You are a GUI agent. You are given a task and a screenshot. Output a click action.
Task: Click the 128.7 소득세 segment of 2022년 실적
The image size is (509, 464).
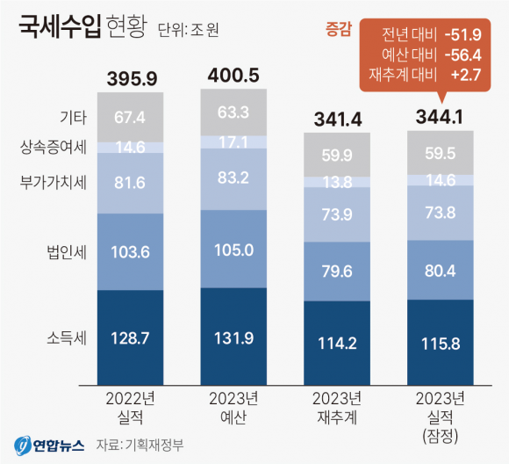131,338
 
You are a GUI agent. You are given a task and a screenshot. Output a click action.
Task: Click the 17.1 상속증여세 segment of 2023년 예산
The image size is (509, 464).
233,141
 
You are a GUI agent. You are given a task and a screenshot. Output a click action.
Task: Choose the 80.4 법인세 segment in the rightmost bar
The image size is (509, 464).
440,269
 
